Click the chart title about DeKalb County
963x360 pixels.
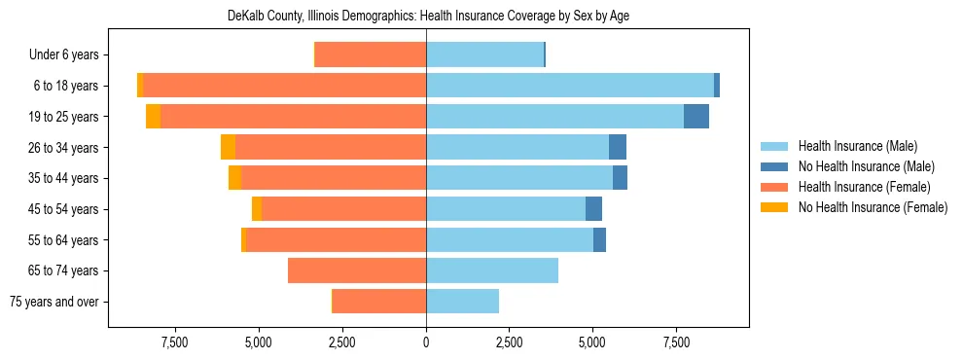pyautogui.click(x=428, y=17)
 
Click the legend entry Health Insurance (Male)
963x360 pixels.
pyautogui.click(x=858, y=146)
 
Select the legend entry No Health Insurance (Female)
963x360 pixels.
pyautogui.click(x=873, y=207)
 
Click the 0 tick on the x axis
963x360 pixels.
pyautogui.click(x=426, y=342)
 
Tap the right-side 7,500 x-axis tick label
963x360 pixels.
pyautogui.click(x=676, y=342)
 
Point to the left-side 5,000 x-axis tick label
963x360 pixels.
pyautogui.click(x=259, y=342)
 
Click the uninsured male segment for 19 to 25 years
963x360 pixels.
pyautogui.click(x=696, y=117)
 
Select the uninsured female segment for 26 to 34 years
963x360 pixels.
pyautogui.click(x=228, y=147)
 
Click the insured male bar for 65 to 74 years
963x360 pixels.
pyautogui.click(x=492, y=270)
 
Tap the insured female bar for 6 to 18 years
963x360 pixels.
pyautogui.click(x=285, y=86)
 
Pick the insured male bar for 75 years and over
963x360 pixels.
pyautogui.click(x=462, y=302)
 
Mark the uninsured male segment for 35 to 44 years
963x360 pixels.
pyautogui.click(x=620, y=178)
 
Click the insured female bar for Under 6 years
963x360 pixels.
pyautogui.click(x=371, y=54)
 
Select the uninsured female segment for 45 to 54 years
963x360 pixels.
pyautogui.click(x=257, y=209)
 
